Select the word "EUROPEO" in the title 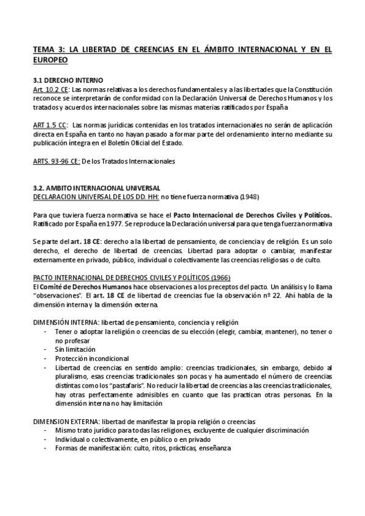click(50, 61)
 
